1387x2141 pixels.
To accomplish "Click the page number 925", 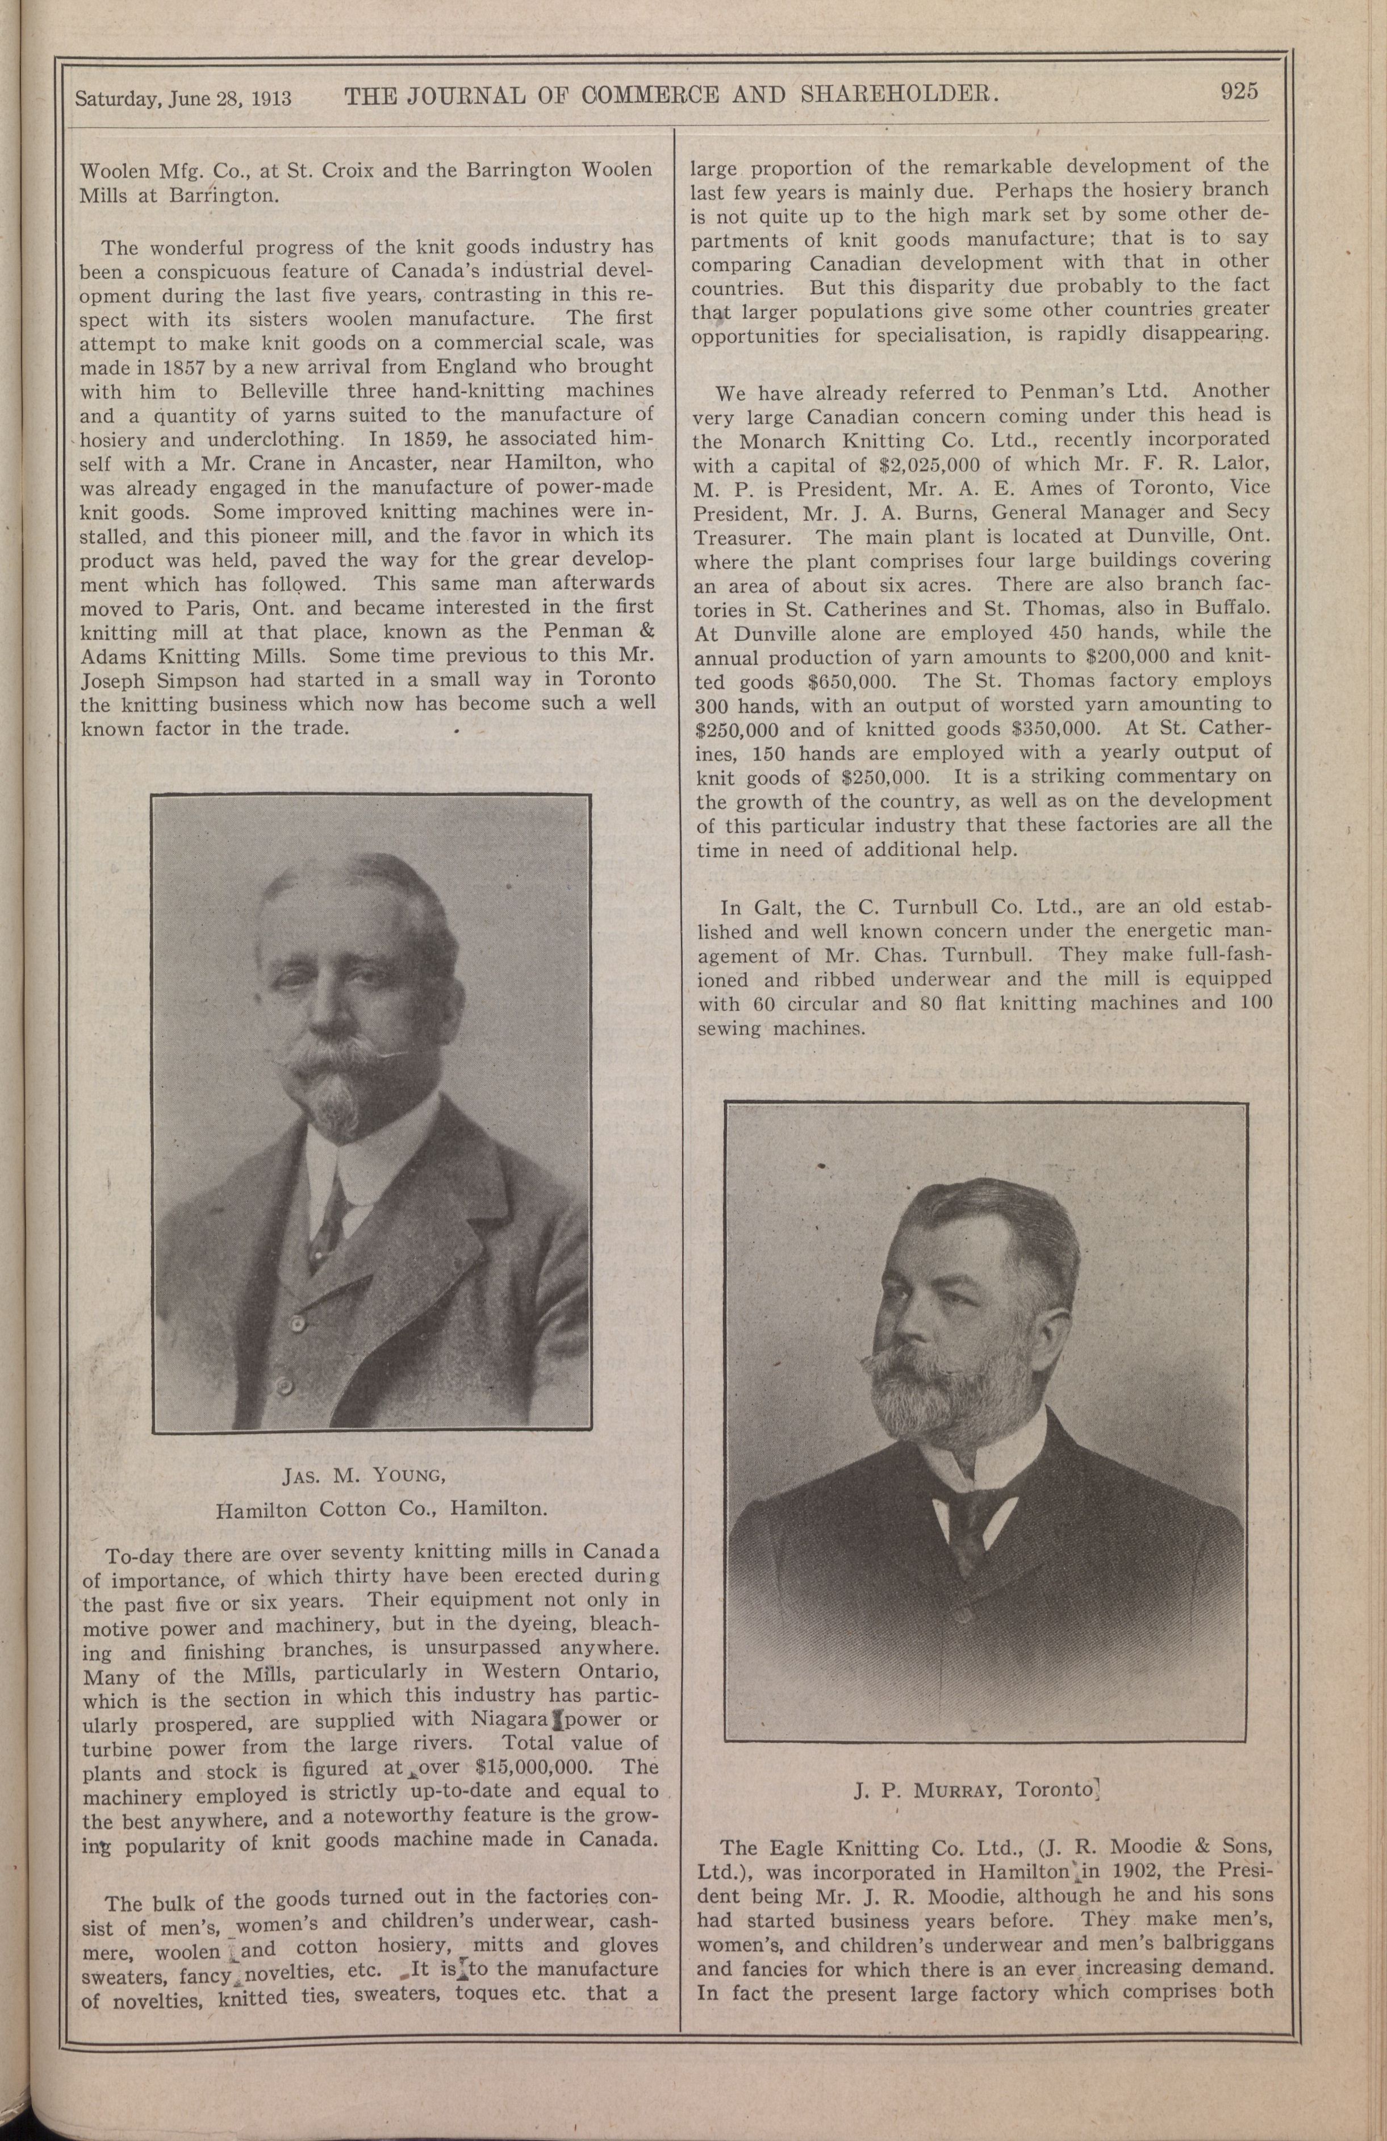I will (1239, 91).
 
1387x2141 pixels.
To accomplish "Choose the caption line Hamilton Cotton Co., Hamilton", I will (381, 1510).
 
